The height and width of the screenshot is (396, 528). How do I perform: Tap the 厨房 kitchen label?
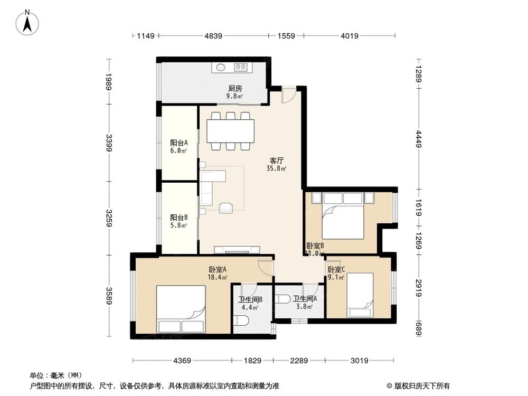coord(235,89)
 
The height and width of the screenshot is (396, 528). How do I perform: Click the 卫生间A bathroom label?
coord(305,299)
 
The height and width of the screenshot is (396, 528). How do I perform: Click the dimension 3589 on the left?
coord(108,296)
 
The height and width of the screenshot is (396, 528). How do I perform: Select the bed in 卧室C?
coord(360,295)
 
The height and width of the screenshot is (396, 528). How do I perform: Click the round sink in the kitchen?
coord(220,67)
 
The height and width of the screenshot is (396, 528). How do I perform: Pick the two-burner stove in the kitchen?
coord(241,67)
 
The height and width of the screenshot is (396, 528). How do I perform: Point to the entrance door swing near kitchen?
coord(288,95)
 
